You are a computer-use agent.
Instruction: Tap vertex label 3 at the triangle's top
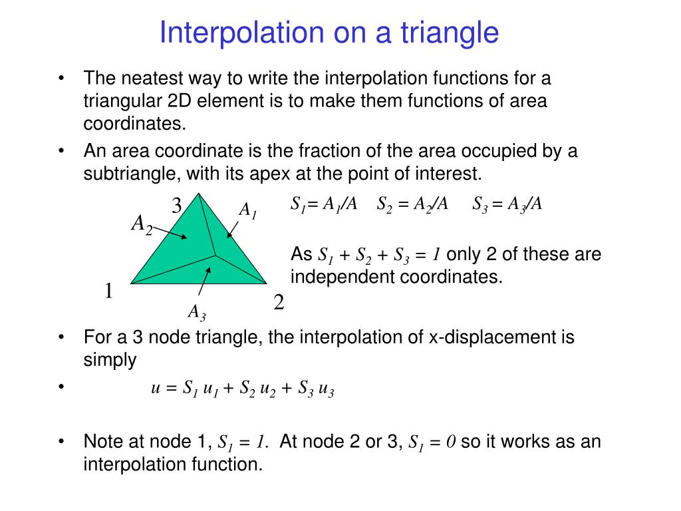pos(177,206)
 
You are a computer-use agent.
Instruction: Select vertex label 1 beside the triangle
pos(108,291)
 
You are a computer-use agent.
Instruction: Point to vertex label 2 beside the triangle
pos(279,303)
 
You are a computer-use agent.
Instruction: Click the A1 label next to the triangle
pos(247,212)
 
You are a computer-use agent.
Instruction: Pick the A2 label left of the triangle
pos(142,224)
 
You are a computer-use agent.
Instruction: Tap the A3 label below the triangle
pos(196,312)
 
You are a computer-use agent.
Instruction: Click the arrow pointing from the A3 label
pos(204,283)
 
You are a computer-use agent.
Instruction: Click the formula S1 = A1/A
pos(324,204)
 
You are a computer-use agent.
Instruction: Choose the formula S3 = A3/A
pos(507,204)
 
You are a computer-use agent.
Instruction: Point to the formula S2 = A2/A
pos(412,204)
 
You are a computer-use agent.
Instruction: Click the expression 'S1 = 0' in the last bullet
pos(432,442)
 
